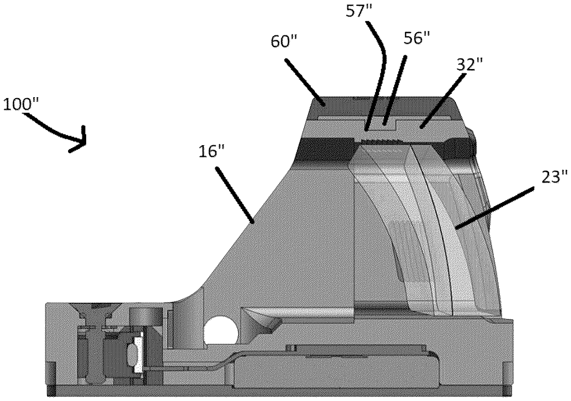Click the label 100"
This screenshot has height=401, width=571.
[22, 104]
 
